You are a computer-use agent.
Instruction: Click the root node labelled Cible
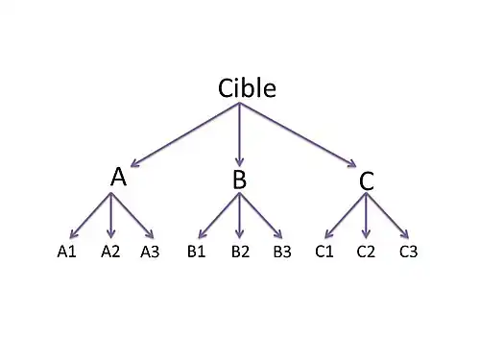click(x=247, y=88)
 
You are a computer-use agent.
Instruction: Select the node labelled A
click(x=118, y=177)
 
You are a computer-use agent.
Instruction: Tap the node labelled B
click(x=240, y=180)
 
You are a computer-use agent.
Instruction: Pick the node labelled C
click(x=367, y=180)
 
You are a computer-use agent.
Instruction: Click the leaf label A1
click(x=66, y=252)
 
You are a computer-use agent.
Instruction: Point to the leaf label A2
click(x=110, y=252)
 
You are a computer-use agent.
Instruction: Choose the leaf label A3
click(x=150, y=252)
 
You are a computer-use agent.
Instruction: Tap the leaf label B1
click(x=198, y=252)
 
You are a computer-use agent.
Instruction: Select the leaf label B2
click(x=240, y=252)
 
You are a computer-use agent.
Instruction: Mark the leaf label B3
click(x=282, y=252)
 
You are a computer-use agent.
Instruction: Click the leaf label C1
click(x=324, y=252)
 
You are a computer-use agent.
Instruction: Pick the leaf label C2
click(x=366, y=252)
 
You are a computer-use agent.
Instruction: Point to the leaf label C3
click(x=408, y=252)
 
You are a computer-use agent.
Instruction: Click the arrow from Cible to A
click(x=182, y=135)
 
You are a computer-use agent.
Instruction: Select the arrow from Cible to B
click(x=239, y=134)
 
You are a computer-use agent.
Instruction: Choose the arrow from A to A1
click(x=91, y=215)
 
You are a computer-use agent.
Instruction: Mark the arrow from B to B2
click(x=239, y=216)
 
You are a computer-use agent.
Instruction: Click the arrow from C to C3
click(x=388, y=216)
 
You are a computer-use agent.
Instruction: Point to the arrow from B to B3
click(x=260, y=216)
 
